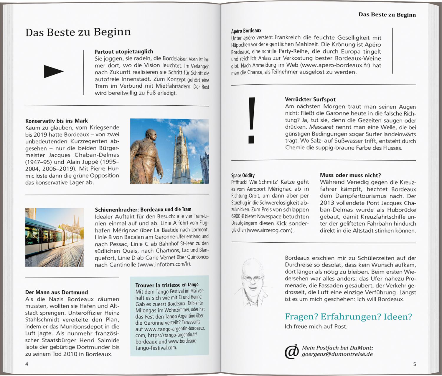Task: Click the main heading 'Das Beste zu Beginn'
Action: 78,32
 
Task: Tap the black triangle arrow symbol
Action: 53,71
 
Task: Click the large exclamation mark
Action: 251,120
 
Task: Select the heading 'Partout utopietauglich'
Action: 124,52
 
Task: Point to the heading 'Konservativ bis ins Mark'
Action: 57,121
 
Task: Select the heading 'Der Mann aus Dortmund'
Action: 57,292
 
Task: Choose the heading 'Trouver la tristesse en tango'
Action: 167,285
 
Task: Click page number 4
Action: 27,364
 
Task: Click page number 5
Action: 415,364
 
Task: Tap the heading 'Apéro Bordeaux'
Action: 246,31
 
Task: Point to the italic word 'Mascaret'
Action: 321,127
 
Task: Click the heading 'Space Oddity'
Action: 243,175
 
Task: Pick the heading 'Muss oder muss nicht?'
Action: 350,175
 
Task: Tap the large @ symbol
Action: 291,352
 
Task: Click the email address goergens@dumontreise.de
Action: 337,354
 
